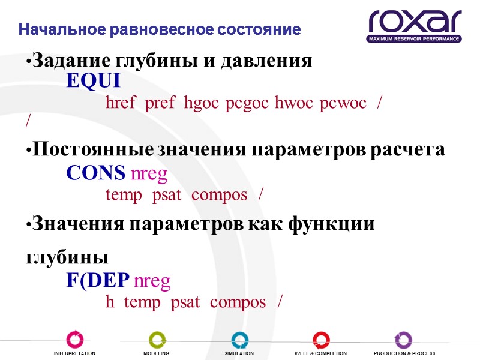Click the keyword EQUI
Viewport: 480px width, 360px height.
pyautogui.click(x=93, y=82)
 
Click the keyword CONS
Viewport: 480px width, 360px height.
pyautogui.click(x=95, y=173)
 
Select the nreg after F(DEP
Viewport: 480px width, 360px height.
pyautogui.click(x=151, y=281)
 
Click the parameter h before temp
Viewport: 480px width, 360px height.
pyautogui.click(x=110, y=302)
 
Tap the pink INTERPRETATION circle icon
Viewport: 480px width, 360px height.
pyautogui.click(x=75, y=339)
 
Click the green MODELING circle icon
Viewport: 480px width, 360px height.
pyautogui.click(x=157, y=339)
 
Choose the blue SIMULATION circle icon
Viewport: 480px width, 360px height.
pyautogui.click(x=239, y=339)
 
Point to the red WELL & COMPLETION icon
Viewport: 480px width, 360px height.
pyautogui.click(x=321, y=339)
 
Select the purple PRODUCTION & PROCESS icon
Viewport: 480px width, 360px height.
pyautogui.click(x=403, y=339)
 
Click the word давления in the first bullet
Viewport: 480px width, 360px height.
pyautogui.click(x=266, y=61)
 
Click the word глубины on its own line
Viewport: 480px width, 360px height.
pyautogui.click(x=67, y=257)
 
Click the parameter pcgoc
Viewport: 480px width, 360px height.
pyautogui.click(x=248, y=103)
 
